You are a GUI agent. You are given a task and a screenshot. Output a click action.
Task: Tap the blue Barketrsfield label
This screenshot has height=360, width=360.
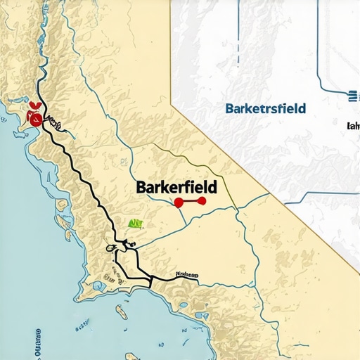[265, 109]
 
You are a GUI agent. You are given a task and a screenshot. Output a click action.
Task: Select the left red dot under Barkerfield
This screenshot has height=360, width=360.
[178, 202]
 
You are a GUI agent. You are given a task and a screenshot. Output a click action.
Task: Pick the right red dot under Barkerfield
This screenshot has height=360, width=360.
[205, 202]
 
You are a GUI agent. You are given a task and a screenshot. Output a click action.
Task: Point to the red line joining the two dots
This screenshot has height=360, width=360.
[191, 202]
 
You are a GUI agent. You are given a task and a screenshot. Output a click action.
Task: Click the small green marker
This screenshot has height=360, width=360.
[136, 224]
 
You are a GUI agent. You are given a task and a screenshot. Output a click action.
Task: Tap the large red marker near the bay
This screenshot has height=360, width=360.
[32, 116]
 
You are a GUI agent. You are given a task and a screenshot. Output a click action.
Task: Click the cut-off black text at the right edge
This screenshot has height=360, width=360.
[353, 127]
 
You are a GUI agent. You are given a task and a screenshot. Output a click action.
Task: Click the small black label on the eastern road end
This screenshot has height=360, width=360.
[187, 274]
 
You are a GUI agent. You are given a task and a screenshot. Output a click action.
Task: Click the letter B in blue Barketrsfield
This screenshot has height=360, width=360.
[230, 109]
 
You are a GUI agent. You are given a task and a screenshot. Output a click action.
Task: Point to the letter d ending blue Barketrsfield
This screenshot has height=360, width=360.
[302, 109]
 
